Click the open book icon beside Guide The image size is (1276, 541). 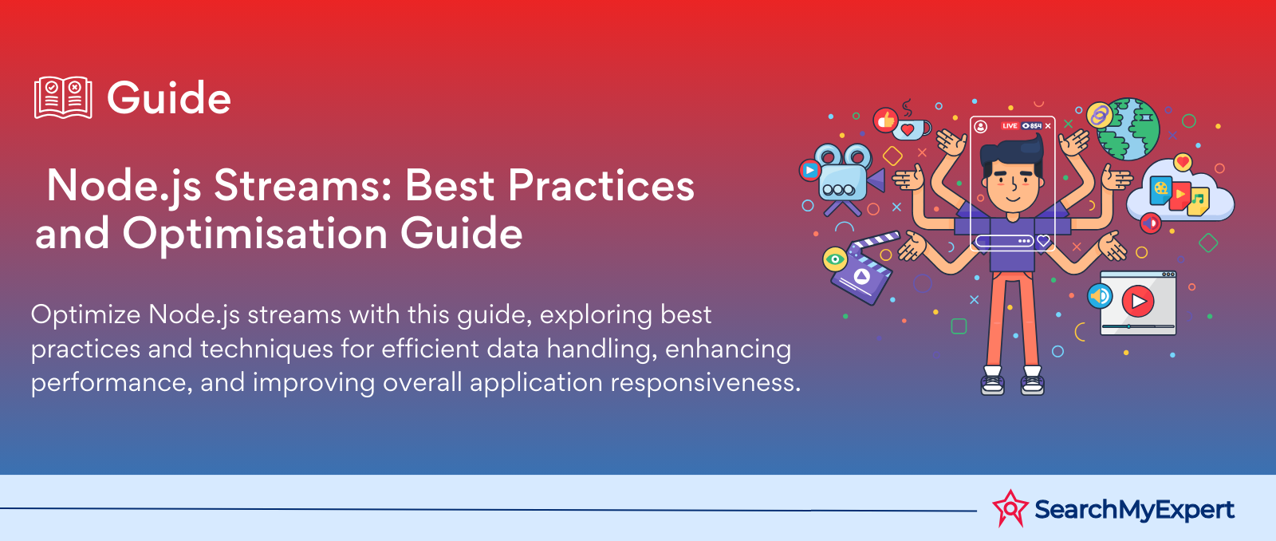point(63,97)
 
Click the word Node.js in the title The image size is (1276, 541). point(124,186)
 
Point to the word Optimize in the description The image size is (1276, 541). point(85,315)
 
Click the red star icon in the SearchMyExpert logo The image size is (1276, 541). point(1010,508)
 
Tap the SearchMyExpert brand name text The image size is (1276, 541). point(1134,510)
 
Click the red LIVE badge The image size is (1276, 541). point(1010,126)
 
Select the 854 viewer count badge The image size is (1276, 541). point(1032,126)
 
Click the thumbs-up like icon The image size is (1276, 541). point(885,120)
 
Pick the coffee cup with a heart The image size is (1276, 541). point(911,128)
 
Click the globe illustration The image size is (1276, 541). point(1128,129)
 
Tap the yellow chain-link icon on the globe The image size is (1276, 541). point(1100,116)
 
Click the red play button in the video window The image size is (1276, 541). point(1137,301)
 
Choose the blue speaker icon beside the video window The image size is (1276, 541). point(1100,296)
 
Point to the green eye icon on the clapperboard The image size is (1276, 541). point(835,259)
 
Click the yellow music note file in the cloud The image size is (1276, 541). point(1198,200)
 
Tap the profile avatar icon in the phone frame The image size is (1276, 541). point(980,126)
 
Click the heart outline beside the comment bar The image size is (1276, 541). point(1043,240)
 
